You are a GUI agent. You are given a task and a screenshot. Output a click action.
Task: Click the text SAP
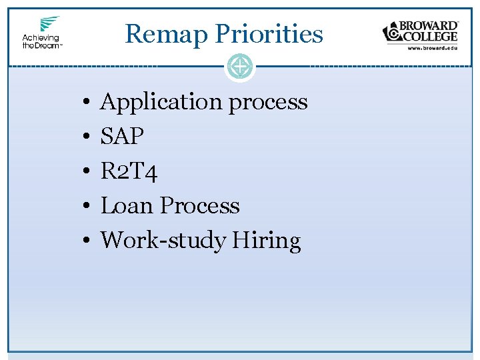tap(122, 137)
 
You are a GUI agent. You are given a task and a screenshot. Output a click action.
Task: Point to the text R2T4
tap(129, 171)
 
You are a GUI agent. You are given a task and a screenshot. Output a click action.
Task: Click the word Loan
tap(127, 206)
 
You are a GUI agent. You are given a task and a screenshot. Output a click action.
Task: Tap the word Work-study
tap(163, 240)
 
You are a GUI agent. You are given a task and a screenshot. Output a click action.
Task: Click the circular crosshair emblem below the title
tap(240, 67)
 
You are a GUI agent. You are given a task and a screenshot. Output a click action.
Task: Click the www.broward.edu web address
tap(431, 49)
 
